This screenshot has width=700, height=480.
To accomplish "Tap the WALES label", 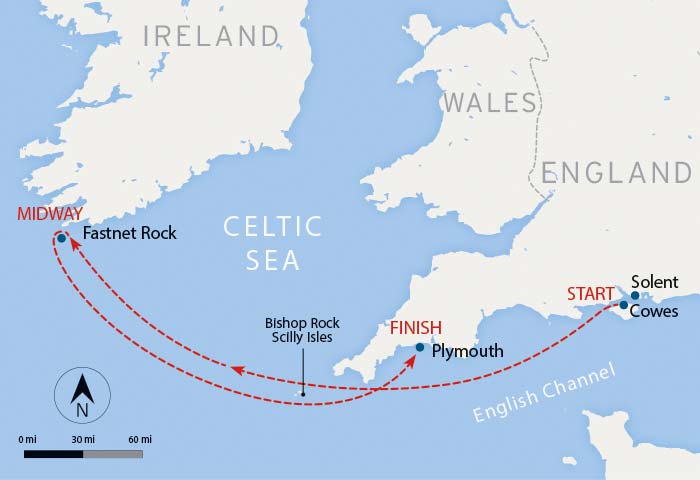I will [492, 102].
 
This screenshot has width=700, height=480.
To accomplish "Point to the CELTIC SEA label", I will [272, 243].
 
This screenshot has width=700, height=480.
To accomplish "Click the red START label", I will [590, 294].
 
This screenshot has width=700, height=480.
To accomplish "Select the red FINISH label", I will [415, 328].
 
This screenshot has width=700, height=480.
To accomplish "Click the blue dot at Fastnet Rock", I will [62, 238].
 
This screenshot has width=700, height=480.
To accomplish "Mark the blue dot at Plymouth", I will [419, 348].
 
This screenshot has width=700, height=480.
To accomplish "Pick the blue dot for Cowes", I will [623, 305].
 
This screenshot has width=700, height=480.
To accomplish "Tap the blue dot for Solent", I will [634, 296].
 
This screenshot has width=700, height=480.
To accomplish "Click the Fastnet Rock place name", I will [130, 234].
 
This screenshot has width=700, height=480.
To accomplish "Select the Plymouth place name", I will [467, 352].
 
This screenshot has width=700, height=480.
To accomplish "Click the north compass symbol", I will [83, 394].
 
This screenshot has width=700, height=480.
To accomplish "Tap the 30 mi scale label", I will [83, 439].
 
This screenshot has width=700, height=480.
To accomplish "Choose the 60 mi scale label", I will [140, 439].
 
